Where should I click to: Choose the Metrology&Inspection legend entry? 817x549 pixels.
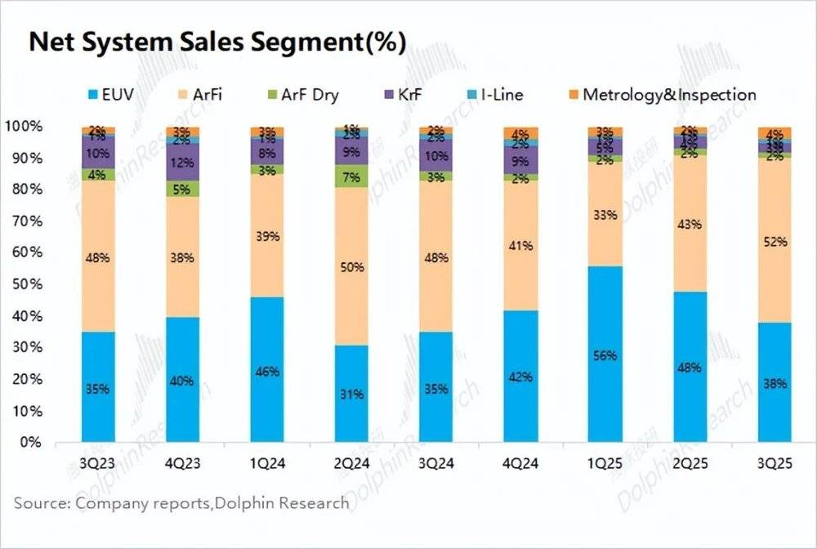tap(668, 95)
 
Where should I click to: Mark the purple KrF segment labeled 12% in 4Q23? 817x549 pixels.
tap(182, 163)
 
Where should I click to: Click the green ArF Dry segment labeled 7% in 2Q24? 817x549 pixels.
tap(352, 176)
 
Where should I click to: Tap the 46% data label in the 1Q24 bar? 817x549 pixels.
tap(267, 371)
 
